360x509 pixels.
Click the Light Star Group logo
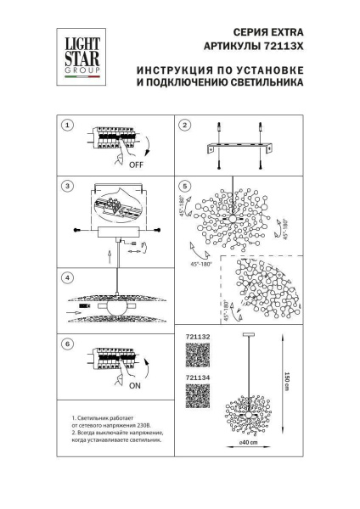(76, 52)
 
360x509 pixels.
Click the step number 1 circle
(67, 125)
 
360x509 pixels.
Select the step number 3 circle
(67, 185)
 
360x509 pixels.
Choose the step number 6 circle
(67, 345)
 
